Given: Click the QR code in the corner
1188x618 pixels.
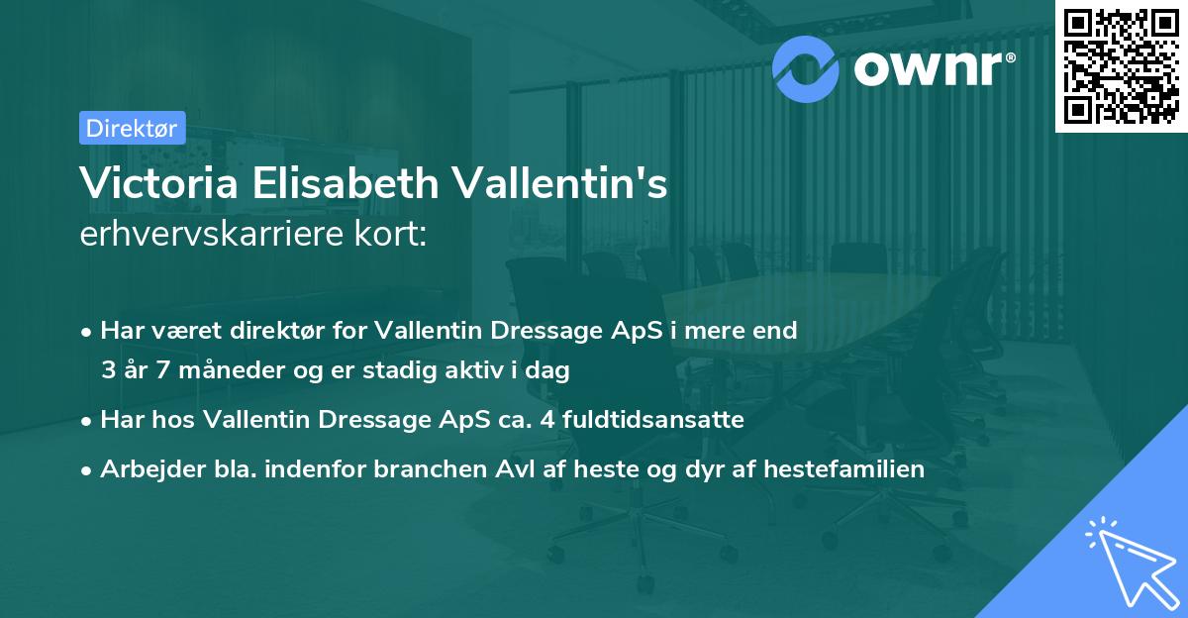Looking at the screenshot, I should (1121, 66).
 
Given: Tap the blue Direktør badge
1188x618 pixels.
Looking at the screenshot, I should (132, 128).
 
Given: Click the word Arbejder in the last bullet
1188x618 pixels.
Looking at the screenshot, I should (146, 468).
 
